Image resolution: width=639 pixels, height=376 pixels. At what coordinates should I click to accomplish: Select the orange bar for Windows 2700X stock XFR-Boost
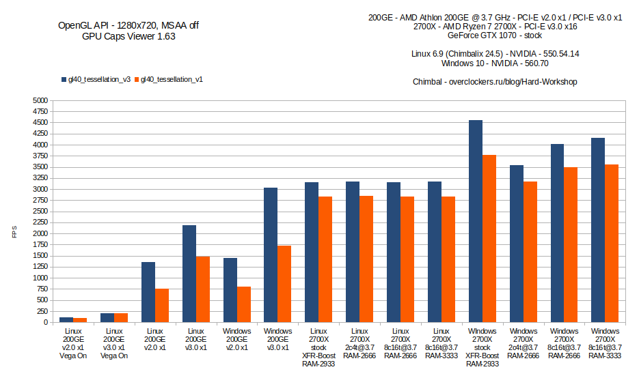(489, 239)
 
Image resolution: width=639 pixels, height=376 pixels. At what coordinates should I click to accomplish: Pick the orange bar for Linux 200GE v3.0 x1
(202, 289)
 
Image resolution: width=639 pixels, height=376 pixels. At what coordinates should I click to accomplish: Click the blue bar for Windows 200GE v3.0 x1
(271, 255)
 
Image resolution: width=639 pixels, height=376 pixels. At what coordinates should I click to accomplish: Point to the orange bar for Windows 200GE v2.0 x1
(243, 304)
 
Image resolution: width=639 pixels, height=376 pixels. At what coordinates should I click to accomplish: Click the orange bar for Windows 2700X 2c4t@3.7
(530, 252)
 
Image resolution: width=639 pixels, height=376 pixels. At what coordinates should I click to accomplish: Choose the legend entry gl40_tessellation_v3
(95, 79)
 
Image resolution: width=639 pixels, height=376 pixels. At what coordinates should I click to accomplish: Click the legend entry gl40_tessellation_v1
(171, 79)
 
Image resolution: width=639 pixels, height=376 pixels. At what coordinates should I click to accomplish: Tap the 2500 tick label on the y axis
(40, 212)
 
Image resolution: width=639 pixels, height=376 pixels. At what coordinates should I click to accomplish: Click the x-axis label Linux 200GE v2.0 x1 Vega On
(72, 343)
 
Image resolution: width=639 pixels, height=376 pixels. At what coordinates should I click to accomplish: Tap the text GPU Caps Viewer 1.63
(128, 37)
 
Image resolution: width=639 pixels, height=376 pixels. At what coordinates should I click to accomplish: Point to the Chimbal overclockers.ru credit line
(495, 82)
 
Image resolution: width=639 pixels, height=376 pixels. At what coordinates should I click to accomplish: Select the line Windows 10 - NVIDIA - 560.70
(495, 63)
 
